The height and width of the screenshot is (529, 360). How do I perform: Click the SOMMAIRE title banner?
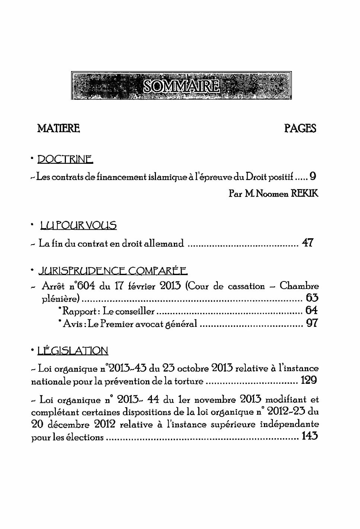coord(181,86)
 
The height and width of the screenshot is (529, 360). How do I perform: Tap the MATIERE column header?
coord(58,128)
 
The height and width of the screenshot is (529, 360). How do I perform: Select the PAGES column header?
coord(300,128)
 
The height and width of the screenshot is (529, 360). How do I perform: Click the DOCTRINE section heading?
coord(65,160)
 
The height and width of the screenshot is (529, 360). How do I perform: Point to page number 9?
coord(313,176)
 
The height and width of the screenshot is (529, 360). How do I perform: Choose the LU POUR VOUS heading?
coord(78,225)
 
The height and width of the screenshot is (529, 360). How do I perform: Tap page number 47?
coord(308,243)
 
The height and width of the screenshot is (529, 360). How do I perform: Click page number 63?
coord(312,298)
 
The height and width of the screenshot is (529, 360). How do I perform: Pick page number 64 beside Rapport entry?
coord(312,310)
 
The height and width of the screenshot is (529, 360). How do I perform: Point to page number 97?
coord(312,323)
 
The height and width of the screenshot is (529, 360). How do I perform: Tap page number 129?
coord(309,380)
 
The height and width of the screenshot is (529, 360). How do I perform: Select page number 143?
coord(310,436)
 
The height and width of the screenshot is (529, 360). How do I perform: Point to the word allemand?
coord(164,244)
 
